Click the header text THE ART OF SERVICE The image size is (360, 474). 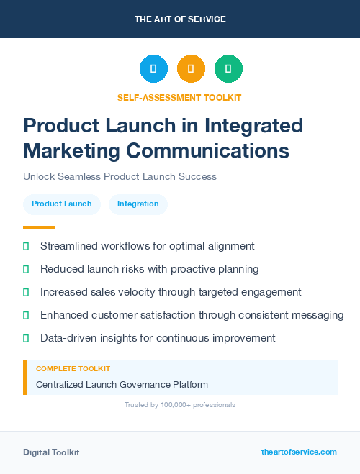(x=180, y=19)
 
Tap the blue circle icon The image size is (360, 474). (x=153, y=69)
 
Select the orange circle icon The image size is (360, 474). (x=191, y=69)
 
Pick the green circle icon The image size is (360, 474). (x=228, y=69)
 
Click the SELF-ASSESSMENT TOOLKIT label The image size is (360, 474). (x=179, y=97)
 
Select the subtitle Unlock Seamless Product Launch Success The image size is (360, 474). (x=120, y=176)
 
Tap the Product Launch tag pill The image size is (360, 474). (x=62, y=204)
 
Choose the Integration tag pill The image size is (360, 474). (x=138, y=204)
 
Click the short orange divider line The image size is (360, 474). (x=35, y=227)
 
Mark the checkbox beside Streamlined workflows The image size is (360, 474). (x=26, y=246)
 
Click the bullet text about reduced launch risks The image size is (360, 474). (x=149, y=269)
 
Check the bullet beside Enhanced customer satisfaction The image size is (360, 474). (x=26, y=315)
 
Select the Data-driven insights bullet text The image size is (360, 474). (x=158, y=338)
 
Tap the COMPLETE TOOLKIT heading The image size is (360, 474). (x=73, y=369)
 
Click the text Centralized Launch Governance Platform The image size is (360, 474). (x=122, y=385)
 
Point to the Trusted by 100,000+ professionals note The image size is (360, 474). (x=180, y=405)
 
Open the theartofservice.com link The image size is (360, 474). (x=299, y=452)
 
